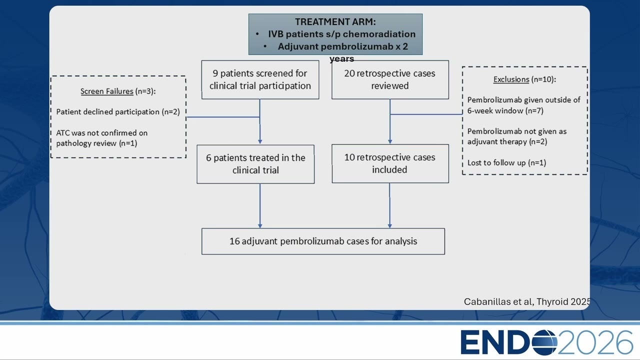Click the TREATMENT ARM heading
click(335, 21)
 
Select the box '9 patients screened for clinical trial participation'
click(260, 79)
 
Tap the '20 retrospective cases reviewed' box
click(390, 79)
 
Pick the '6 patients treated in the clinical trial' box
click(255, 164)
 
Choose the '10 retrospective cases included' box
click(390, 163)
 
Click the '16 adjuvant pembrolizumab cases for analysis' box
click(323, 241)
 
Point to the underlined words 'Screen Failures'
click(107, 91)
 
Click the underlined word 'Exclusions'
click(511, 79)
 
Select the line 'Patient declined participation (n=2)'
click(118, 111)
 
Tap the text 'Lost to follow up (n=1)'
click(506, 162)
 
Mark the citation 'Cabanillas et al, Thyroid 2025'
click(527, 301)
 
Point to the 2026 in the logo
click(594, 342)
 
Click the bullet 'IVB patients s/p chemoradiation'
click(341, 34)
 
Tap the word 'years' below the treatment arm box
click(341, 59)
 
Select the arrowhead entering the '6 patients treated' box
click(260, 141)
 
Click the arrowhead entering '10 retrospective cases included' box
click(390, 141)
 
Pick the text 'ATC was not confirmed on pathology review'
click(101, 138)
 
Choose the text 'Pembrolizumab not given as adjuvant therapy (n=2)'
click(517, 136)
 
